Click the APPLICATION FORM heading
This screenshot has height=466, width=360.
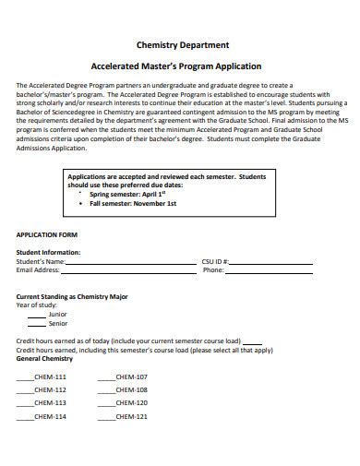45,234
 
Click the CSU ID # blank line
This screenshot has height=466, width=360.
282,263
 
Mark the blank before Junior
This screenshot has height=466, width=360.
37,315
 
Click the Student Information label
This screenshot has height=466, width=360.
48,252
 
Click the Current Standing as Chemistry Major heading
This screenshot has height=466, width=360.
72,296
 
